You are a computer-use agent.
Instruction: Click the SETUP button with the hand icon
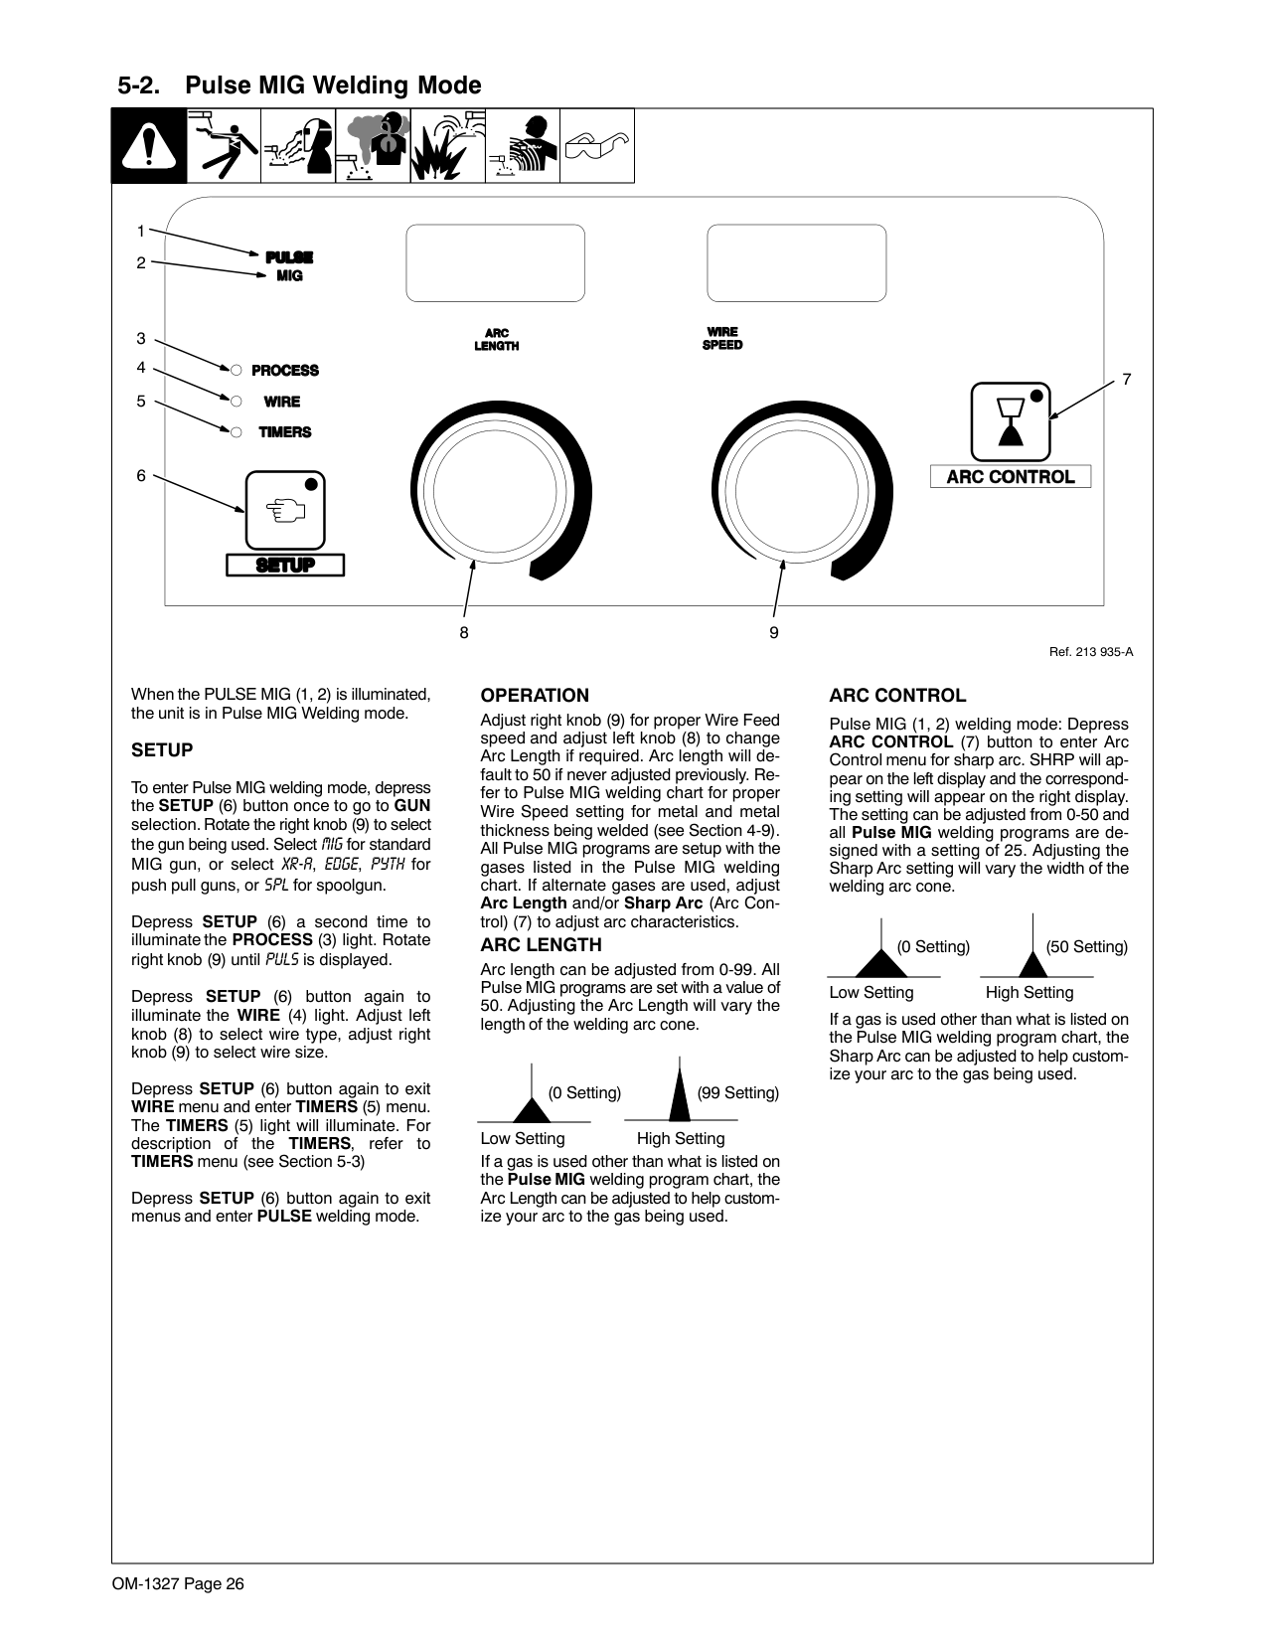[x=285, y=510]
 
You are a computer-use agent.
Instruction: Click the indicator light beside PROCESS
[x=236, y=371]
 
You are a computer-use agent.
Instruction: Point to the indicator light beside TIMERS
[x=236, y=432]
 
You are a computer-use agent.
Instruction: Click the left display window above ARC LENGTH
[x=495, y=262]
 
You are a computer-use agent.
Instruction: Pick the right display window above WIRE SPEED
[x=796, y=262]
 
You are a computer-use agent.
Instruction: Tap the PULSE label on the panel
[x=289, y=257]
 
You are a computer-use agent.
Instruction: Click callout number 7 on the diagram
[x=1126, y=379]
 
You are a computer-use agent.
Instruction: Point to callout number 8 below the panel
[x=463, y=632]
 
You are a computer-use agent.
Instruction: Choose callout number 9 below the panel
[x=774, y=632]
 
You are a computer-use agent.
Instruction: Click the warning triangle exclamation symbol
[x=149, y=147]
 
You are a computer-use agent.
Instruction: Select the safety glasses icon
[x=596, y=146]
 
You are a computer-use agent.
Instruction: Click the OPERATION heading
[x=535, y=696]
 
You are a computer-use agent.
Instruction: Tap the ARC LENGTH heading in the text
[x=541, y=945]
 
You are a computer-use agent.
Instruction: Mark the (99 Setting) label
[x=737, y=1093]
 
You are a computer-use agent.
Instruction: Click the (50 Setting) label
[x=1086, y=947]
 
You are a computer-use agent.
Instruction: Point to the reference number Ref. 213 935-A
[x=1091, y=652]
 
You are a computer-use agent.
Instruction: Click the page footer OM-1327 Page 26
[x=178, y=1584]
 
